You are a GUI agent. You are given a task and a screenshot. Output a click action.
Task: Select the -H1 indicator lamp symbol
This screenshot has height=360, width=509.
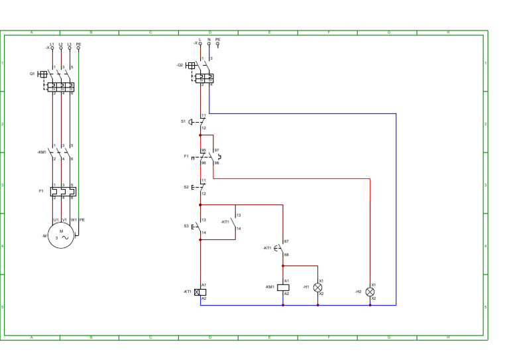[x=317, y=288]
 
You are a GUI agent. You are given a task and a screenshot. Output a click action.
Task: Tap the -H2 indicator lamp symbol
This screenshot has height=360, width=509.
[x=370, y=292]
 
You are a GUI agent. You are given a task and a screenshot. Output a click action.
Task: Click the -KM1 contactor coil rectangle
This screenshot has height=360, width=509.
[x=283, y=288]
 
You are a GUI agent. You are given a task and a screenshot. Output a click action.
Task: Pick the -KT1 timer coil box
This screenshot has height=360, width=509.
[x=200, y=292]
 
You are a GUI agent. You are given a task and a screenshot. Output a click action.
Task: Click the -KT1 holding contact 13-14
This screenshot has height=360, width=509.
[x=233, y=222]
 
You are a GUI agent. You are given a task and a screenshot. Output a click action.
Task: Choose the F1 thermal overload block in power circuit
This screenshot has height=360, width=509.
[x=63, y=191]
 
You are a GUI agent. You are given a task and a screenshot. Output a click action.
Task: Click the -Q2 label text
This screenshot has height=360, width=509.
[x=180, y=65]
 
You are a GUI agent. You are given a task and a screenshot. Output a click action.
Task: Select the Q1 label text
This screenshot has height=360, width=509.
[x=32, y=74]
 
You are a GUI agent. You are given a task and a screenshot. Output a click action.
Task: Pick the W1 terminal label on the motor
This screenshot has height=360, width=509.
[x=74, y=219]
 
